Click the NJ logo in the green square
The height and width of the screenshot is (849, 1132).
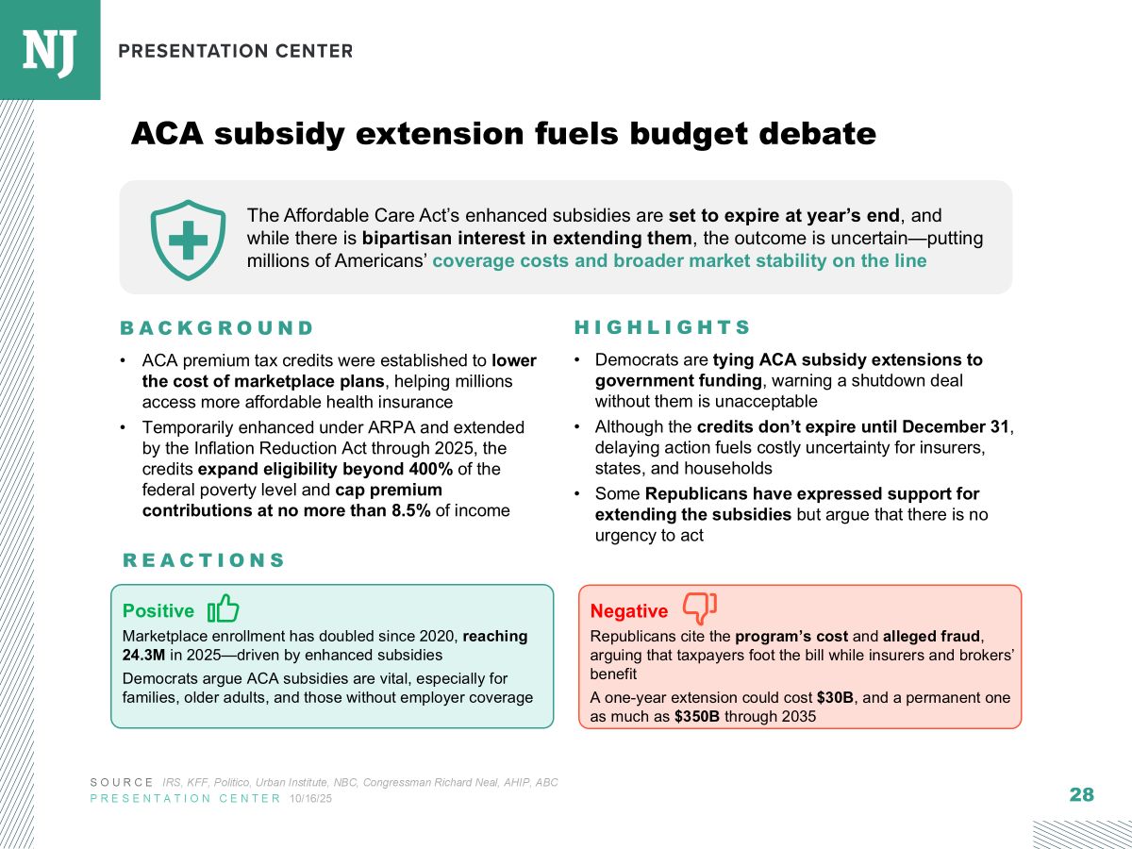[x=49, y=50]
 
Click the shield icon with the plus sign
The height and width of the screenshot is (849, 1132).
[x=188, y=240]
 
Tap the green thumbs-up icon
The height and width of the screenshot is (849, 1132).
[x=224, y=608]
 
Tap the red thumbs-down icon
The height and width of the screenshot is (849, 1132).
[x=699, y=608]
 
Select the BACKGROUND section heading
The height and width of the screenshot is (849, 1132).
[x=217, y=328]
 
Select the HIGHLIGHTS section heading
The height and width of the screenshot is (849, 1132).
[x=662, y=327]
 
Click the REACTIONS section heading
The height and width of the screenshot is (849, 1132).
[x=204, y=560]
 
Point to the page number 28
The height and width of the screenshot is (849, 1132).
[x=1082, y=794]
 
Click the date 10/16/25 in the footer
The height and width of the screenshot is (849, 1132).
[x=310, y=799]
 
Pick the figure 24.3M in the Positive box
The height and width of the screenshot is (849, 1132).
[x=142, y=654]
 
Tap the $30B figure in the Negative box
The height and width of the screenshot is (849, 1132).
[x=838, y=698]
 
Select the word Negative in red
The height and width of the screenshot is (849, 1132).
[x=629, y=611]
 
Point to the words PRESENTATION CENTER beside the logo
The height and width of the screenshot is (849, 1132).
[x=236, y=51]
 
